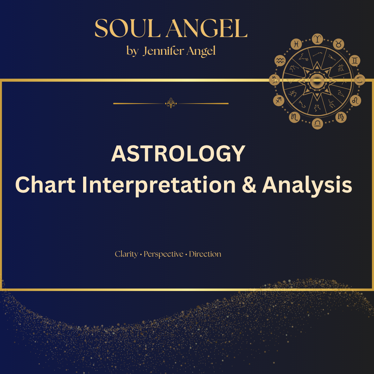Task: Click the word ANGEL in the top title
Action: pos(207,28)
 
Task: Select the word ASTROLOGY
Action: pos(178,154)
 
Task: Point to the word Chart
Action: pos(45,185)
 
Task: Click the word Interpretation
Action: pos(159,186)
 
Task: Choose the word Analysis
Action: pos(307,186)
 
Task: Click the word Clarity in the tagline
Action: pos(126,254)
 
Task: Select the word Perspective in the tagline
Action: pos(163,254)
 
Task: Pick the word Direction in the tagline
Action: pos(205,254)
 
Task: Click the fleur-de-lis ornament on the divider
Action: pos(171,103)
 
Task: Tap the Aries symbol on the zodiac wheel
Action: pos(318,39)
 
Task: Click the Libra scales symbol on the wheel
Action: pos(318,124)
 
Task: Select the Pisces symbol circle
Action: pos(296,44)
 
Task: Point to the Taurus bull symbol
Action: pos(338,44)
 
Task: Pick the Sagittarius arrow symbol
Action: pos(278,100)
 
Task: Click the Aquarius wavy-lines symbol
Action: pos(280,61)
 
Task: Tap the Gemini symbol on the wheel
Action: pos(355,61)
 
